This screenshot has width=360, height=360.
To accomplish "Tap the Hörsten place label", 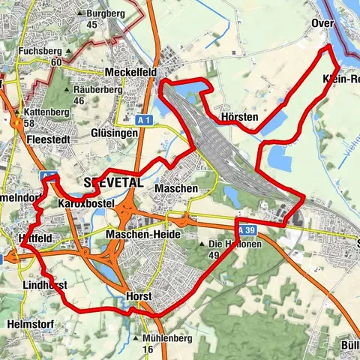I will click(240, 118).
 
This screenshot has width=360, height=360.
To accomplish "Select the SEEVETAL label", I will click(113, 183).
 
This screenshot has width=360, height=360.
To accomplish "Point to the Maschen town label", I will click(178, 189).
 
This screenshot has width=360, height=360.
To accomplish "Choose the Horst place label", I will click(139, 296).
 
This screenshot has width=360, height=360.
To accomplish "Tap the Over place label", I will click(322, 23).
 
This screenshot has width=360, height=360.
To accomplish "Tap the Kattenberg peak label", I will click(40, 112).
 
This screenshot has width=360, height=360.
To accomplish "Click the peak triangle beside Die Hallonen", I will click(202, 244).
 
